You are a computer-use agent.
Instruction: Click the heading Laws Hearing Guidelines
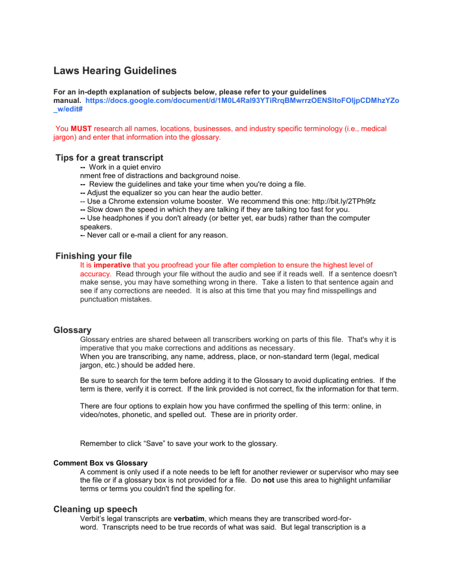pos(115,71)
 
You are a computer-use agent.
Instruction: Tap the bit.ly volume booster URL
pos(340,201)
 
